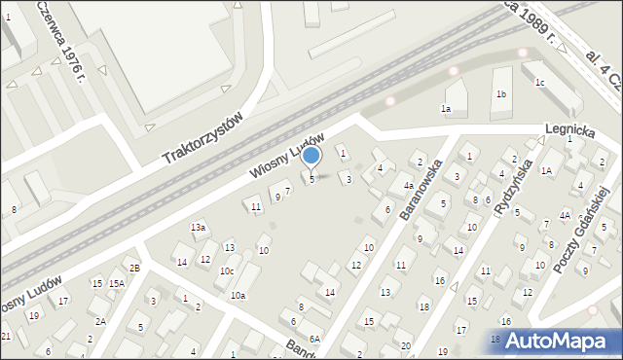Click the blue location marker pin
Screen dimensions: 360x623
click(x=311, y=156)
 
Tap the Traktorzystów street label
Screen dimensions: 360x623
click(x=202, y=136)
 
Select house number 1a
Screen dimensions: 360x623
click(x=446, y=108)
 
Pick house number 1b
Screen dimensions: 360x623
click(x=501, y=94)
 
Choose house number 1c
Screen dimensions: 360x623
click(x=538, y=83)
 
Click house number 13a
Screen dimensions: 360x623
click(x=198, y=227)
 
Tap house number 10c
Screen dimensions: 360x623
click(x=226, y=270)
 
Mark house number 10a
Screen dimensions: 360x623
click(x=238, y=295)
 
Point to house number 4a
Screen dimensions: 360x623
click(x=409, y=185)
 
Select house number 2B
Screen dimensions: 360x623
click(x=135, y=268)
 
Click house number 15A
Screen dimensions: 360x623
click(x=116, y=283)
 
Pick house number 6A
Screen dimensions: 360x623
click(x=314, y=339)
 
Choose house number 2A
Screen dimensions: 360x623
click(x=100, y=321)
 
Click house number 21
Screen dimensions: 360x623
click(x=5, y=336)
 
